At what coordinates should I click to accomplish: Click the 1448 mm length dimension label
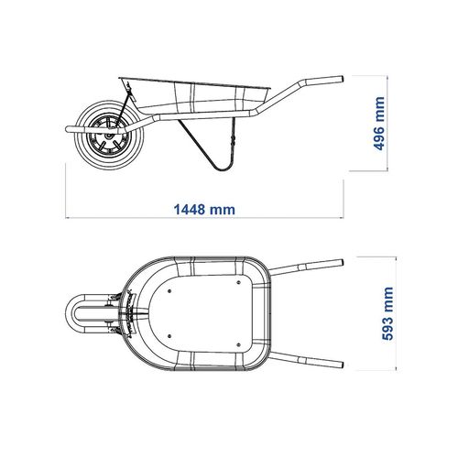[x=204, y=210]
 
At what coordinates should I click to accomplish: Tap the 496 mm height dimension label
[x=379, y=124]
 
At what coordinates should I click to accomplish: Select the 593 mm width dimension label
[x=387, y=313]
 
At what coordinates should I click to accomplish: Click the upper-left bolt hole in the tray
[x=169, y=291]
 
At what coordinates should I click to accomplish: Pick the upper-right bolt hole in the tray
[x=239, y=282]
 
